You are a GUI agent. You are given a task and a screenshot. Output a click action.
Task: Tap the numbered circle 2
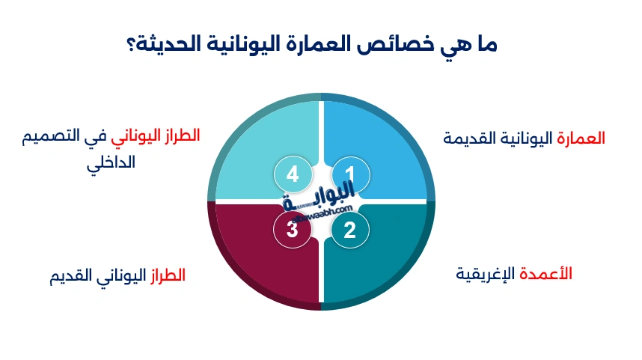(x=350, y=230)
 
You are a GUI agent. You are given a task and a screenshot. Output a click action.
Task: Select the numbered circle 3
(x=293, y=230)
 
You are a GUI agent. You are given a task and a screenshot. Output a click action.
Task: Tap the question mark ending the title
(x=130, y=44)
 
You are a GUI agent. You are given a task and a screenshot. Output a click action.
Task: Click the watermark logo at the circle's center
(x=320, y=202)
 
